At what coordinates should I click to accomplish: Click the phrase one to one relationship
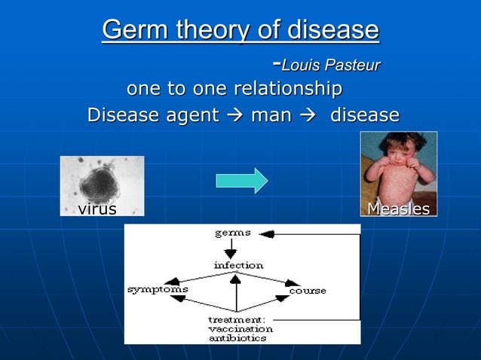[x=234, y=90]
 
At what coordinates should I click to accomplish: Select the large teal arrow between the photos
[x=241, y=181]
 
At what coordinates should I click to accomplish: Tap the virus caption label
[x=97, y=209]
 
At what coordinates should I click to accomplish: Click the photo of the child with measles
[x=398, y=167]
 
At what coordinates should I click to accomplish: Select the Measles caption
[x=398, y=209]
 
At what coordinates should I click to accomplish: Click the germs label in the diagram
[x=233, y=233]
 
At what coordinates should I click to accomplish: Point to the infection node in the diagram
[x=238, y=265]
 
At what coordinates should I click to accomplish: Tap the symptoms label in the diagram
[x=158, y=289]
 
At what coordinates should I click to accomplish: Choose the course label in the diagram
[x=308, y=291]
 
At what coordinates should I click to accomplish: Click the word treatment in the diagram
[x=236, y=319]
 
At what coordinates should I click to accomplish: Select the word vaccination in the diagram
[x=240, y=329]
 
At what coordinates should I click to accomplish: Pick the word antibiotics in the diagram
[x=237, y=338]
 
